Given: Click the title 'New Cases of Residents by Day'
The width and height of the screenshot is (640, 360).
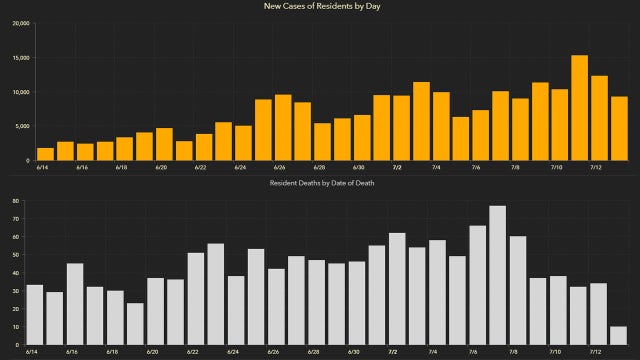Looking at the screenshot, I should [320, 6].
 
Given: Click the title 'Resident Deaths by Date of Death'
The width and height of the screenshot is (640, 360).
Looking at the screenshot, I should [320, 184].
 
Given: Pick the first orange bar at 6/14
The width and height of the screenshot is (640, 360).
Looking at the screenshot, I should [45, 154].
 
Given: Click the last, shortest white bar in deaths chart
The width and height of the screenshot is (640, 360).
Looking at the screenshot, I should [619, 335].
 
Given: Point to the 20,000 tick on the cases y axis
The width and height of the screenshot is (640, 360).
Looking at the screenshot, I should [19, 24].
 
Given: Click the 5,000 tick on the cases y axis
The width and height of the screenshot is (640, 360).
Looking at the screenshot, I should [21, 126].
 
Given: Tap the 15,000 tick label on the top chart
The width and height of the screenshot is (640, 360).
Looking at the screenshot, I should [19, 58].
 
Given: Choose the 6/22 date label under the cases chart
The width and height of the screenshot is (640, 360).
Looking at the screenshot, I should [200, 168].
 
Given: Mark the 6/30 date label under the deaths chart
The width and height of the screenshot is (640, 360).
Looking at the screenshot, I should [354, 352].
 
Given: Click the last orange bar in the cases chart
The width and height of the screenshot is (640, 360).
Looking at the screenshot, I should [619, 128].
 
